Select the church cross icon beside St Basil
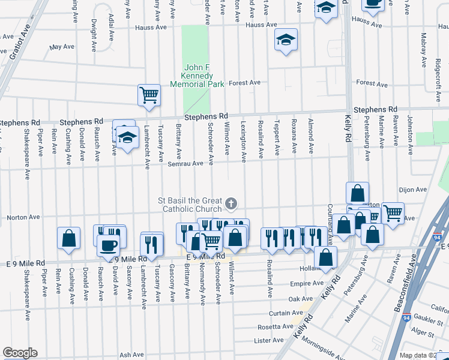[231, 205]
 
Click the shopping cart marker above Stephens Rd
[149, 95]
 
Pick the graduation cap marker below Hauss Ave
[286, 40]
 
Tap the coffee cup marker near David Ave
[109, 245]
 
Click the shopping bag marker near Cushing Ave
[68, 238]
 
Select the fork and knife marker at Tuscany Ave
[151, 244]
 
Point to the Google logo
[20, 353]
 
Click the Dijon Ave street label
[412, 190]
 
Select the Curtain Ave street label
[285, 313]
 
